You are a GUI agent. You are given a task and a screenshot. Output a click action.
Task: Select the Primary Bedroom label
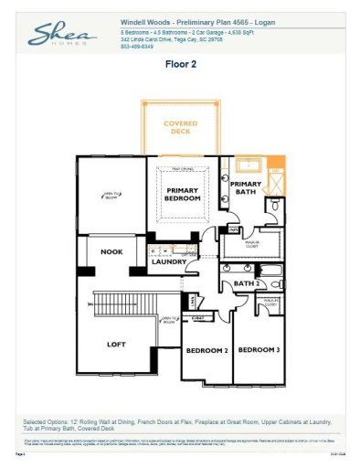[x=189, y=194]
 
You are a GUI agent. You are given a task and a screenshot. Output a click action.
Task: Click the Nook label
[x=111, y=251]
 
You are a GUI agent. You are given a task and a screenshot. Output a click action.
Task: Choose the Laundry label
[x=169, y=262]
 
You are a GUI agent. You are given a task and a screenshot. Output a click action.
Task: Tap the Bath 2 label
[x=244, y=284]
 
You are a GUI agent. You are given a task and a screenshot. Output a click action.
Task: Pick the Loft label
[x=115, y=345]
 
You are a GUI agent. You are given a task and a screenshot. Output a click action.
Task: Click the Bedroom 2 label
[x=206, y=350]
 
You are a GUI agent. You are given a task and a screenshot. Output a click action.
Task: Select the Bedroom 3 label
[x=259, y=350]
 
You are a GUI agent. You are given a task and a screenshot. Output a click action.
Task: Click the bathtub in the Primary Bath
[x=248, y=165]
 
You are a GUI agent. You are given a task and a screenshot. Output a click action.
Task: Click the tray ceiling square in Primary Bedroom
[x=188, y=194]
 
